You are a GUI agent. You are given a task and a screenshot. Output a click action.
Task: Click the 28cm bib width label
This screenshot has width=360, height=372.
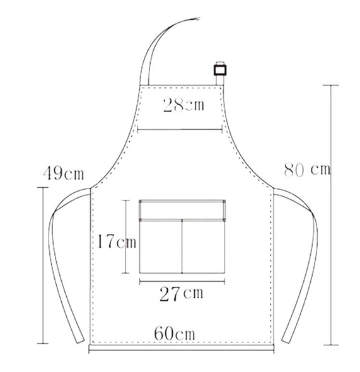[183, 105]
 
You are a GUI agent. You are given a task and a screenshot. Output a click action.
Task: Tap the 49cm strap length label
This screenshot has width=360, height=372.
[64, 173]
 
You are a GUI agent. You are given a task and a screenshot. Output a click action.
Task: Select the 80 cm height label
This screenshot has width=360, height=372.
[307, 170]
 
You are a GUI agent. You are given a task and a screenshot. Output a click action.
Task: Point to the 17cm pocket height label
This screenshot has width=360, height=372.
[117, 241]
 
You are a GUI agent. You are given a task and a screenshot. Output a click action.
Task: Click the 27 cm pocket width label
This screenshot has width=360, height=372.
[182, 294]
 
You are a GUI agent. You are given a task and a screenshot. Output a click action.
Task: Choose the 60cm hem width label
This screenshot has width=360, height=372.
[175, 334]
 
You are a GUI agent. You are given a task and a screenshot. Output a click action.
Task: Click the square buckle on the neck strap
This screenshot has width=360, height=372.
[220, 70]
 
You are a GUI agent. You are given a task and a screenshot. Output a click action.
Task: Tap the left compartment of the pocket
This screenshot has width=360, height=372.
[161, 247]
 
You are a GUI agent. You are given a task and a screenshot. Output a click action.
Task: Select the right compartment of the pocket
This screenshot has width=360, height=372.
[203, 247]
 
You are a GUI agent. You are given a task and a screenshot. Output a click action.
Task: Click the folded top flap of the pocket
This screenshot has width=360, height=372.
[182, 210]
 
